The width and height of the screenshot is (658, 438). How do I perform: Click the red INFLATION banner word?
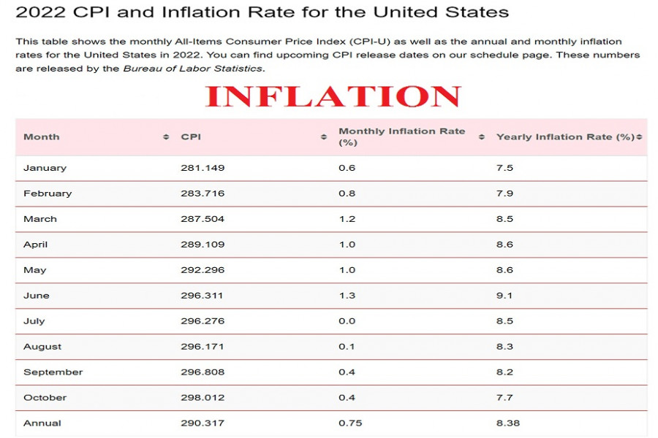point(333,96)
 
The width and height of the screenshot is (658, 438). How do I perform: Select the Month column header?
point(42,137)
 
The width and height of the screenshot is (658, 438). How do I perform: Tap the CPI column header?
point(191,137)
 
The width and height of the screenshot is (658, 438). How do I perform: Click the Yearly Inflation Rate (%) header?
point(564,137)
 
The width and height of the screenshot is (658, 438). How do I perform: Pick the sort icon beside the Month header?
point(166,137)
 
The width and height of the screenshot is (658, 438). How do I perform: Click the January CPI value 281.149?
point(203,168)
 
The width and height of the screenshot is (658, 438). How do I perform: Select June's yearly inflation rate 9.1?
point(504,296)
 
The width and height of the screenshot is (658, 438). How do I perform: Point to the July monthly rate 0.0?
point(347,321)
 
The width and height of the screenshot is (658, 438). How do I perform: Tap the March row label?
point(40,219)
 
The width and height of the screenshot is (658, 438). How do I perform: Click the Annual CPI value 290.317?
point(203,423)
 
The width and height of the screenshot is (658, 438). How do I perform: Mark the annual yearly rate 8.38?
point(507,423)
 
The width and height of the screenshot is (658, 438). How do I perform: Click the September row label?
point(53,372)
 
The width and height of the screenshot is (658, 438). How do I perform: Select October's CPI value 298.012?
point(203,398)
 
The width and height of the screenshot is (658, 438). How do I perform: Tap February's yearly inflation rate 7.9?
point(504,193)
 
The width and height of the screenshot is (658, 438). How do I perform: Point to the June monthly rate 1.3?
point(347,296)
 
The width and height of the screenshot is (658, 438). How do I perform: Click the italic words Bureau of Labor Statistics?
point(192,69)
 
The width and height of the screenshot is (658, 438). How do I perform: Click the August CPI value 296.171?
point(203,347)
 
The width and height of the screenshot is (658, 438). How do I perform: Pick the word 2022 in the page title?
point(37,12)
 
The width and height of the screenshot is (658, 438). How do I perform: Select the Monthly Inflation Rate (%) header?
point(401,137)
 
